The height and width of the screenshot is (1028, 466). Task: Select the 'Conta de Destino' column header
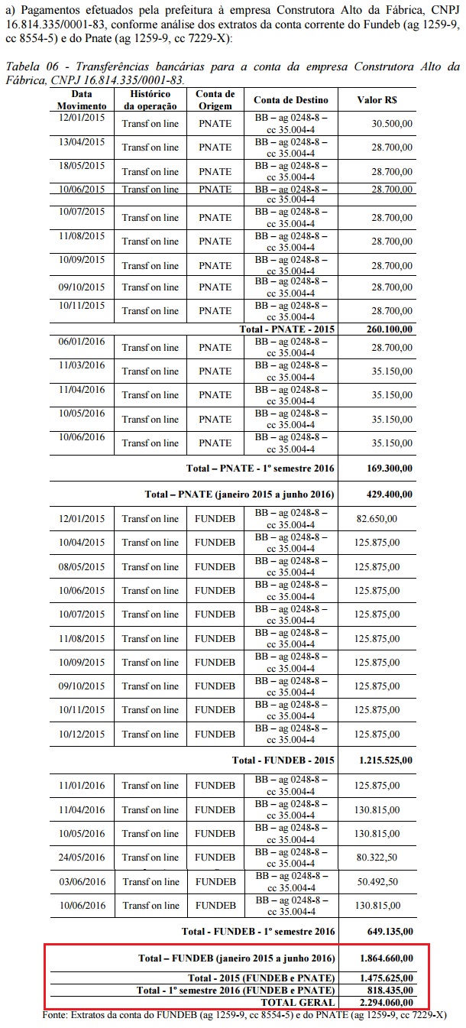click(x=291, y=100)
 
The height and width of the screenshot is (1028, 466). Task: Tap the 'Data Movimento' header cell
click(x=82, y=99)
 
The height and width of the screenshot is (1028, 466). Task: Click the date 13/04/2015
click(x=82, y=142)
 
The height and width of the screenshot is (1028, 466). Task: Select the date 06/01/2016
click(x=82, y=341)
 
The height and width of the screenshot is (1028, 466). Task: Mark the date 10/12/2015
click(x=82, y=734)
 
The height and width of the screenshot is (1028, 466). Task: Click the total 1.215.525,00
click(x=386, y=760)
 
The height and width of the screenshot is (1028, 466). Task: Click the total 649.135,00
click(x=387, y=932)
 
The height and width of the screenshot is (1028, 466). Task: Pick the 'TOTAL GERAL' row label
click(x=298, y=1002)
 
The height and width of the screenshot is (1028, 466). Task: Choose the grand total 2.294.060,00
click(x=386, y=1002)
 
